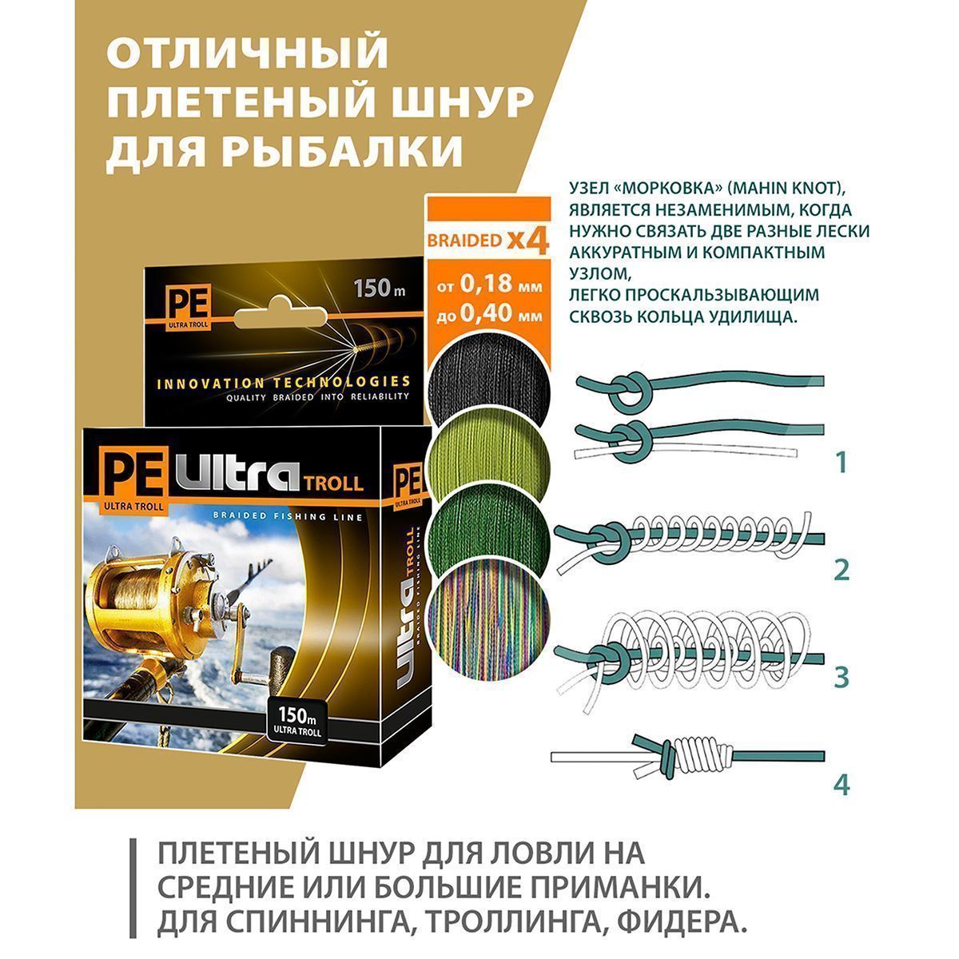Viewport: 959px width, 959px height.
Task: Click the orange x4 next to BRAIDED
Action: point(527,241)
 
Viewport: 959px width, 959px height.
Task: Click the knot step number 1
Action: point(842,463)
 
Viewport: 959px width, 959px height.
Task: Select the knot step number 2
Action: point(842,571)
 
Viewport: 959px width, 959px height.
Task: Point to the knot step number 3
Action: point(842,678)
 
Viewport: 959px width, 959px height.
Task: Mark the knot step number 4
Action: point(842,786)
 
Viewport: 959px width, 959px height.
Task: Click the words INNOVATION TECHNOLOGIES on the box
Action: point(284,382)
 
